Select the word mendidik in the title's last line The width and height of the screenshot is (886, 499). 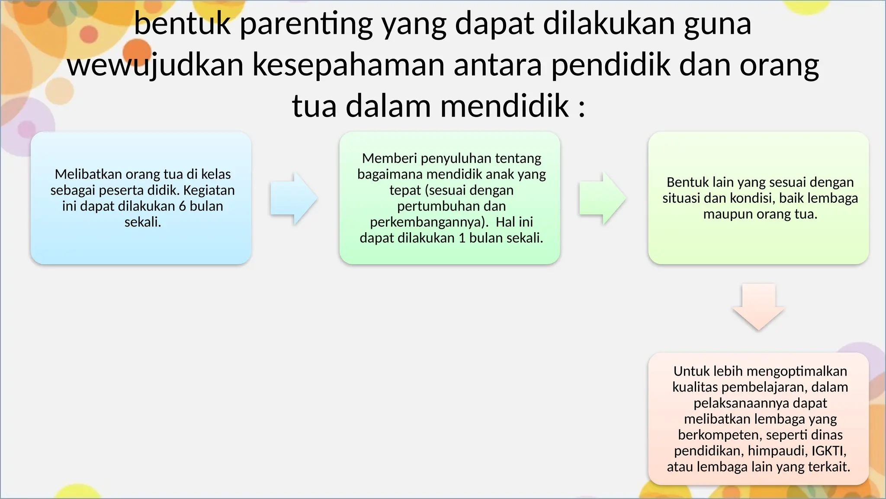tap(504, 106)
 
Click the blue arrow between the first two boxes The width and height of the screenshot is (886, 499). tap(293, 198)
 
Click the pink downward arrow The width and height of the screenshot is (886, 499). tap(758, 307)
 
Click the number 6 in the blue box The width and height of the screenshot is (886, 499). tap(182, 206)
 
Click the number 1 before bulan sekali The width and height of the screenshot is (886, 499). tap(462, 238)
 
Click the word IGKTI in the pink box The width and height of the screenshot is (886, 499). tap(827, 451)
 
